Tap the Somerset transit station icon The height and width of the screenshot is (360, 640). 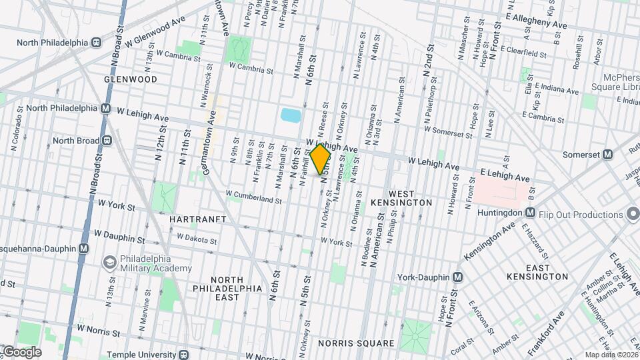607,154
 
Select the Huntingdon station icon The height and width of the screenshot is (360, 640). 530,213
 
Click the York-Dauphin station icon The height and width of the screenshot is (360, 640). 458,277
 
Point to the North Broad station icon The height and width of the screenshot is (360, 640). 106,141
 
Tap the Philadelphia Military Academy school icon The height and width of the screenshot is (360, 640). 107,263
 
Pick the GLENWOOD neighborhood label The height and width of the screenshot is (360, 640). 131,79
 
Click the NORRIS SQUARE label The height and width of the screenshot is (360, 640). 357,343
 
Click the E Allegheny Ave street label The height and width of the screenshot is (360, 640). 536,20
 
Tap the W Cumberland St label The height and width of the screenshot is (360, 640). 255,199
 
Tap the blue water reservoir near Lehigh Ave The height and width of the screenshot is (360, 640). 291,115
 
